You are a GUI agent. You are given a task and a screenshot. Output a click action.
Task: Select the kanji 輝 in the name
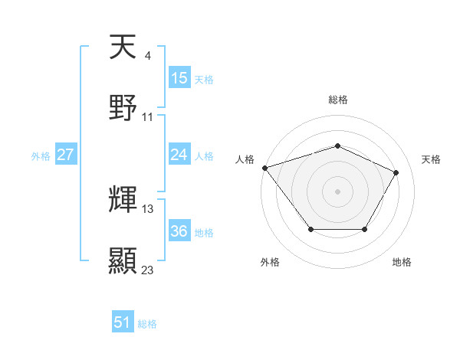(123, 201)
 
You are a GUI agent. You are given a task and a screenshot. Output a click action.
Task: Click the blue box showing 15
(179, 78)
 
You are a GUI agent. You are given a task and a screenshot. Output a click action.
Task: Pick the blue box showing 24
(179, 155)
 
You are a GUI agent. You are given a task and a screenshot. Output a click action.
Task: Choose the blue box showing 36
(179, 231)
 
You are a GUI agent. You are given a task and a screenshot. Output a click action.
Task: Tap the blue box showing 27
(66, 155)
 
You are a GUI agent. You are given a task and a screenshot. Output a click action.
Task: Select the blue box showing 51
(123, 322)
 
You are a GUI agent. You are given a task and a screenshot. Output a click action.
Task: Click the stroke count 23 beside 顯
(148, 270)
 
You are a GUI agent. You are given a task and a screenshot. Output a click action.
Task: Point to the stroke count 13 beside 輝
(148, 208)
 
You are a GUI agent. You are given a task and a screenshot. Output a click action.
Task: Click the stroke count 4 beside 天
(147, 55)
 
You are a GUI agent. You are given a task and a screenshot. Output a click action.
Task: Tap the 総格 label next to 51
(147, 324)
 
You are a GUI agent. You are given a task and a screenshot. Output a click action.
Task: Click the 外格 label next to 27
(41, 155)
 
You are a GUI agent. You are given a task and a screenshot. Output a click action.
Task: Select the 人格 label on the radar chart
(245, 159)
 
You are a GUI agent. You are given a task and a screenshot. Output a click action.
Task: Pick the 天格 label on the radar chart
(432, 159)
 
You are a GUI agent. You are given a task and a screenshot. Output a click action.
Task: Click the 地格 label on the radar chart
(402, 262)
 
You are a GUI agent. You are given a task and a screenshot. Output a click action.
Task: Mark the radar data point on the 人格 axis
(264, 168)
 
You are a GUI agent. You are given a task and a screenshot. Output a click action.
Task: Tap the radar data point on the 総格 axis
(337, 146)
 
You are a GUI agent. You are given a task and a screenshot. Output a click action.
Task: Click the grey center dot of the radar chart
(337, 191)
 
